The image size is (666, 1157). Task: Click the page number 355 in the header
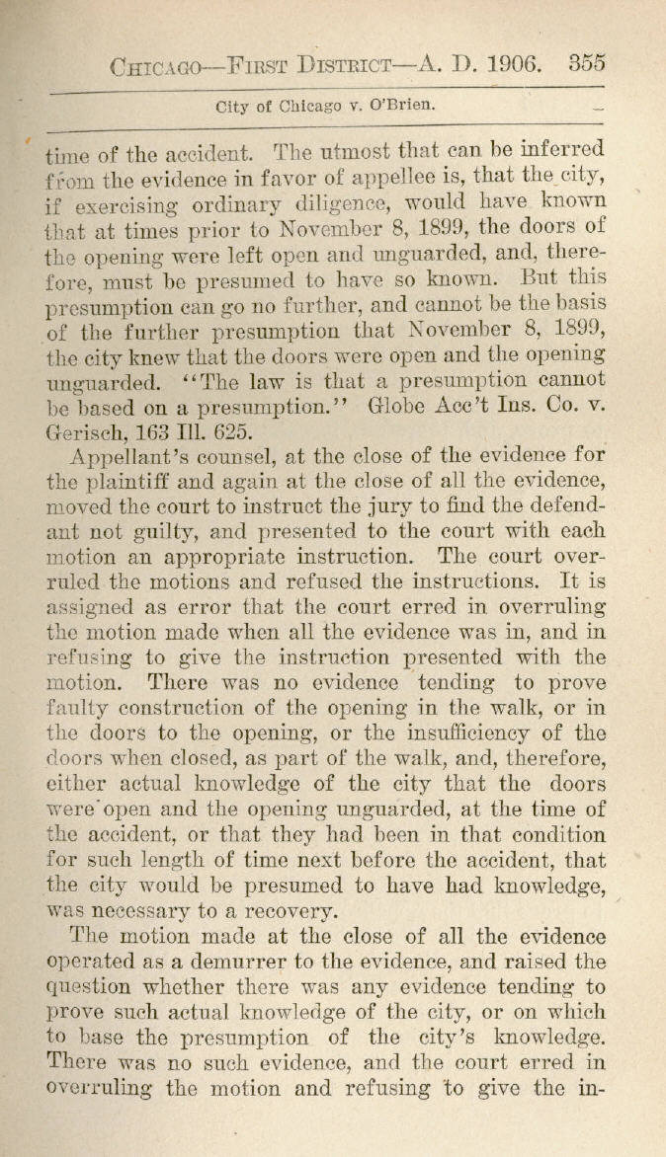click(587, 63)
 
